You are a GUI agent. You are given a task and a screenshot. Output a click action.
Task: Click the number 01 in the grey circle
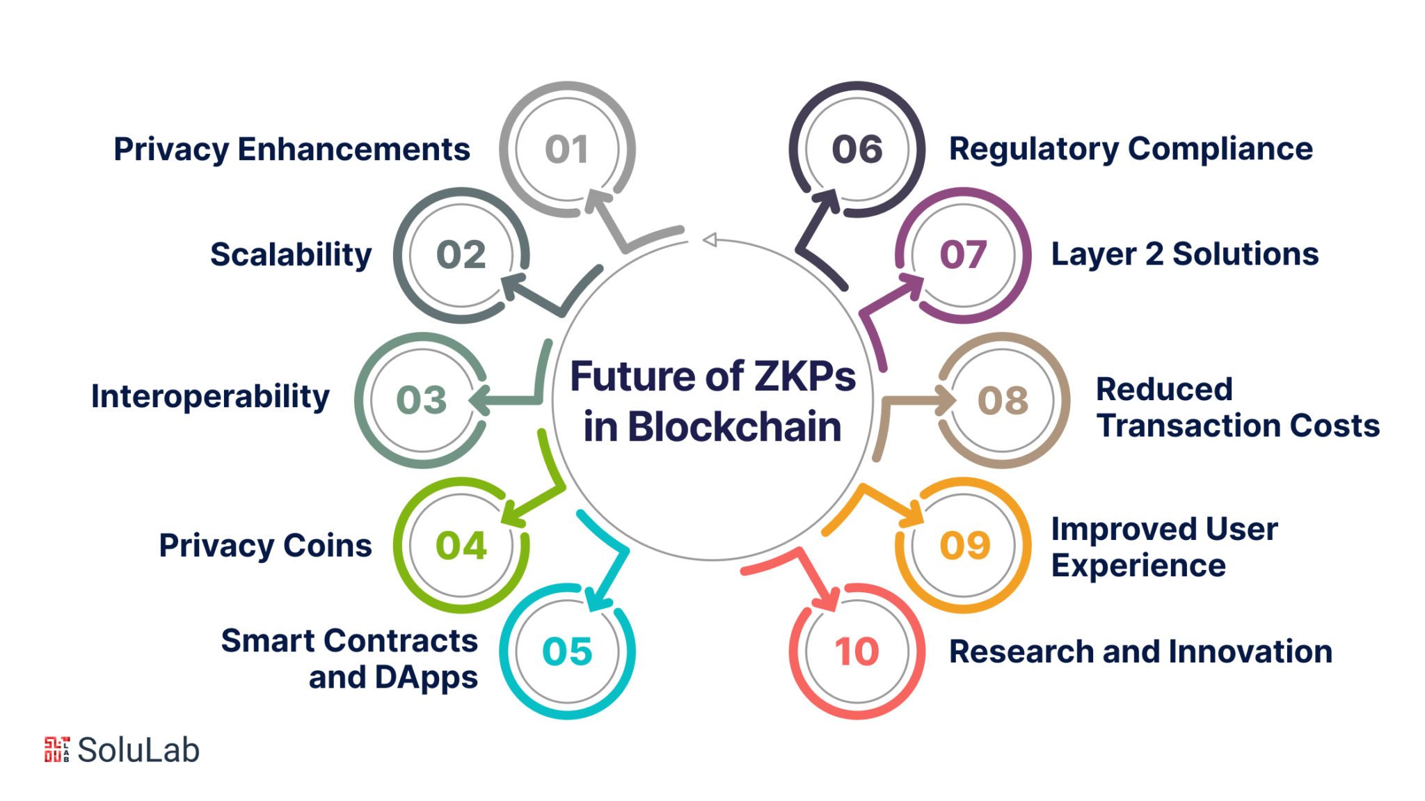pyautogui.click(x=566, y=150)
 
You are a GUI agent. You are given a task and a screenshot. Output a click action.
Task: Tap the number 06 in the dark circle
pyautogui.click(x=857, y=150)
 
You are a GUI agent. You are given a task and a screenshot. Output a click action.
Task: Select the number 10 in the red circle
pyautogui.click(x=857, y=652)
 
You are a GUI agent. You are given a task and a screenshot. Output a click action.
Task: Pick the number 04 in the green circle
pyautogui.click(x=461, y=546)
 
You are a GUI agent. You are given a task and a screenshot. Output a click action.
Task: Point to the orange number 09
pyautogui.click(x=964, y=546)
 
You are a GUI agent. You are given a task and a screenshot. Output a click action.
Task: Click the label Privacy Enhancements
pyautogui.click(x=292, y=150)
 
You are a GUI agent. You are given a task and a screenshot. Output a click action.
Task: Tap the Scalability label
pyautogui.click(x=291, y=255)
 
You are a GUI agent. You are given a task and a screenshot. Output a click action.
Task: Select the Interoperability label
pyautogui.click(x=210, y=397)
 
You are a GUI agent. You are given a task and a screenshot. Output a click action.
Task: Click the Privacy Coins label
pyautogui.click(x=265, y=546)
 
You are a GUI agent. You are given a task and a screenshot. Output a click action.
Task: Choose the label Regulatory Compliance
pyautogui.click(x=1131, y=150)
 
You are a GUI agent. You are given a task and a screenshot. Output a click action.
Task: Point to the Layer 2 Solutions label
pyautogui.click(x=1184, y=255)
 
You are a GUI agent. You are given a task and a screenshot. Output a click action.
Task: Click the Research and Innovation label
pyautogui.click(x=1140, y=652)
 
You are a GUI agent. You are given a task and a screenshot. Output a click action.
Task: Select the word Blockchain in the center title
pyautogui.click(x=735, y=427)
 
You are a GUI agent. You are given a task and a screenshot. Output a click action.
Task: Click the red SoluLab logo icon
pyautogui.click(x=57, y=750)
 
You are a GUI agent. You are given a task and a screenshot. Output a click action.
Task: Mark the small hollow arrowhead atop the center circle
pyautogui.click(x=710, y=240)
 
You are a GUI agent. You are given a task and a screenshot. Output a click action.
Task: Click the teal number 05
pyautogui.click(x=566, y=652)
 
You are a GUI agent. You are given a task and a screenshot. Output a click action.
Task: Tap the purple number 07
pyautogui.click(x=963, y=255)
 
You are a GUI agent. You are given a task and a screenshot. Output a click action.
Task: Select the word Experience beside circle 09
pyautogui.click(x=1138, y=566)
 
